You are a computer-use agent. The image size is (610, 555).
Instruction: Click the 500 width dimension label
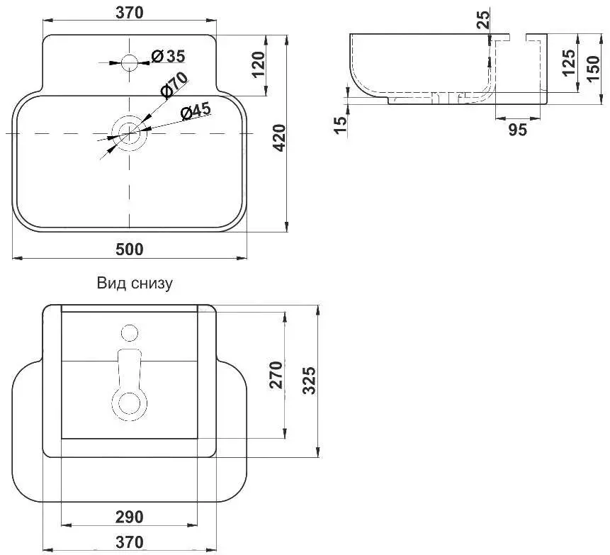pyautogui.click(x=130, y=249)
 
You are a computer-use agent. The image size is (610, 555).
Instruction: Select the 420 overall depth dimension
pyautogui.click(x=279, y=138)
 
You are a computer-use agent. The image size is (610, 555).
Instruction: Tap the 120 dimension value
pyautogui.click(x=258, y=65)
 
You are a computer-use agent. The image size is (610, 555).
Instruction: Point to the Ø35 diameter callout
pyautogui.click(x=168, y=57)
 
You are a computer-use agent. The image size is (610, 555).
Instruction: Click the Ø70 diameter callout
pyautogui.click(x=174, y=84)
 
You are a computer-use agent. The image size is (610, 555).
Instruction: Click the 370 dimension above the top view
pyautogui.click(x=130, y=13)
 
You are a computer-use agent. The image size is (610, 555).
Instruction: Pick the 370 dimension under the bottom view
pyautogui.click(x=130, y=542)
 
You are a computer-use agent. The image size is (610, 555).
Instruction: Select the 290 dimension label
pyautogui.click(x=130, y=517)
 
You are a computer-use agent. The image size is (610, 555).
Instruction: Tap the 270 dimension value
pyautogui.click(x=276, y=375)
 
